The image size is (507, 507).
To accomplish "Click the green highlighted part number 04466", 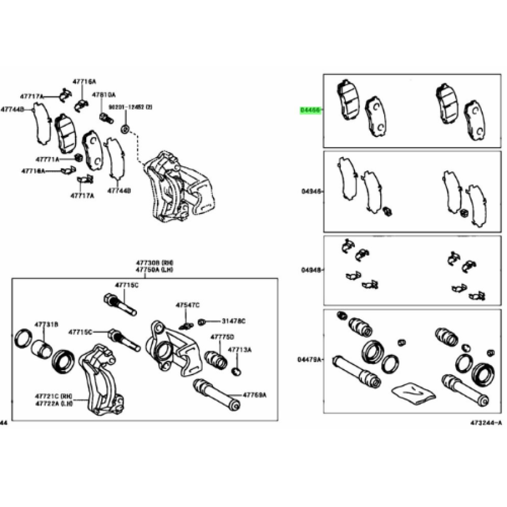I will [x=310, y=111].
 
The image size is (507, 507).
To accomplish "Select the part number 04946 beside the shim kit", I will [x=310, y=191].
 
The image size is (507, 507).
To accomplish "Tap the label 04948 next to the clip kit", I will [x=310, y=270].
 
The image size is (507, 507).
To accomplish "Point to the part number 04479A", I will [x=309, y=359].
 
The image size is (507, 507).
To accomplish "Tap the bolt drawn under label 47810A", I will [x=105, y=117].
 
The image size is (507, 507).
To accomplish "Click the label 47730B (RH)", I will [x=148, y=263].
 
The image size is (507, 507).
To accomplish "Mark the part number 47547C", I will [x=188, y=305].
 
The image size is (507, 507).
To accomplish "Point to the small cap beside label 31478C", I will [x=202, y=322].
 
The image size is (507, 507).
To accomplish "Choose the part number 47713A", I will [x=239, y=350].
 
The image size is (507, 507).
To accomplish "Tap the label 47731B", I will [x=46, y=324].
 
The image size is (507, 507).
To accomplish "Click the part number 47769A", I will [x=255, y=395].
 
